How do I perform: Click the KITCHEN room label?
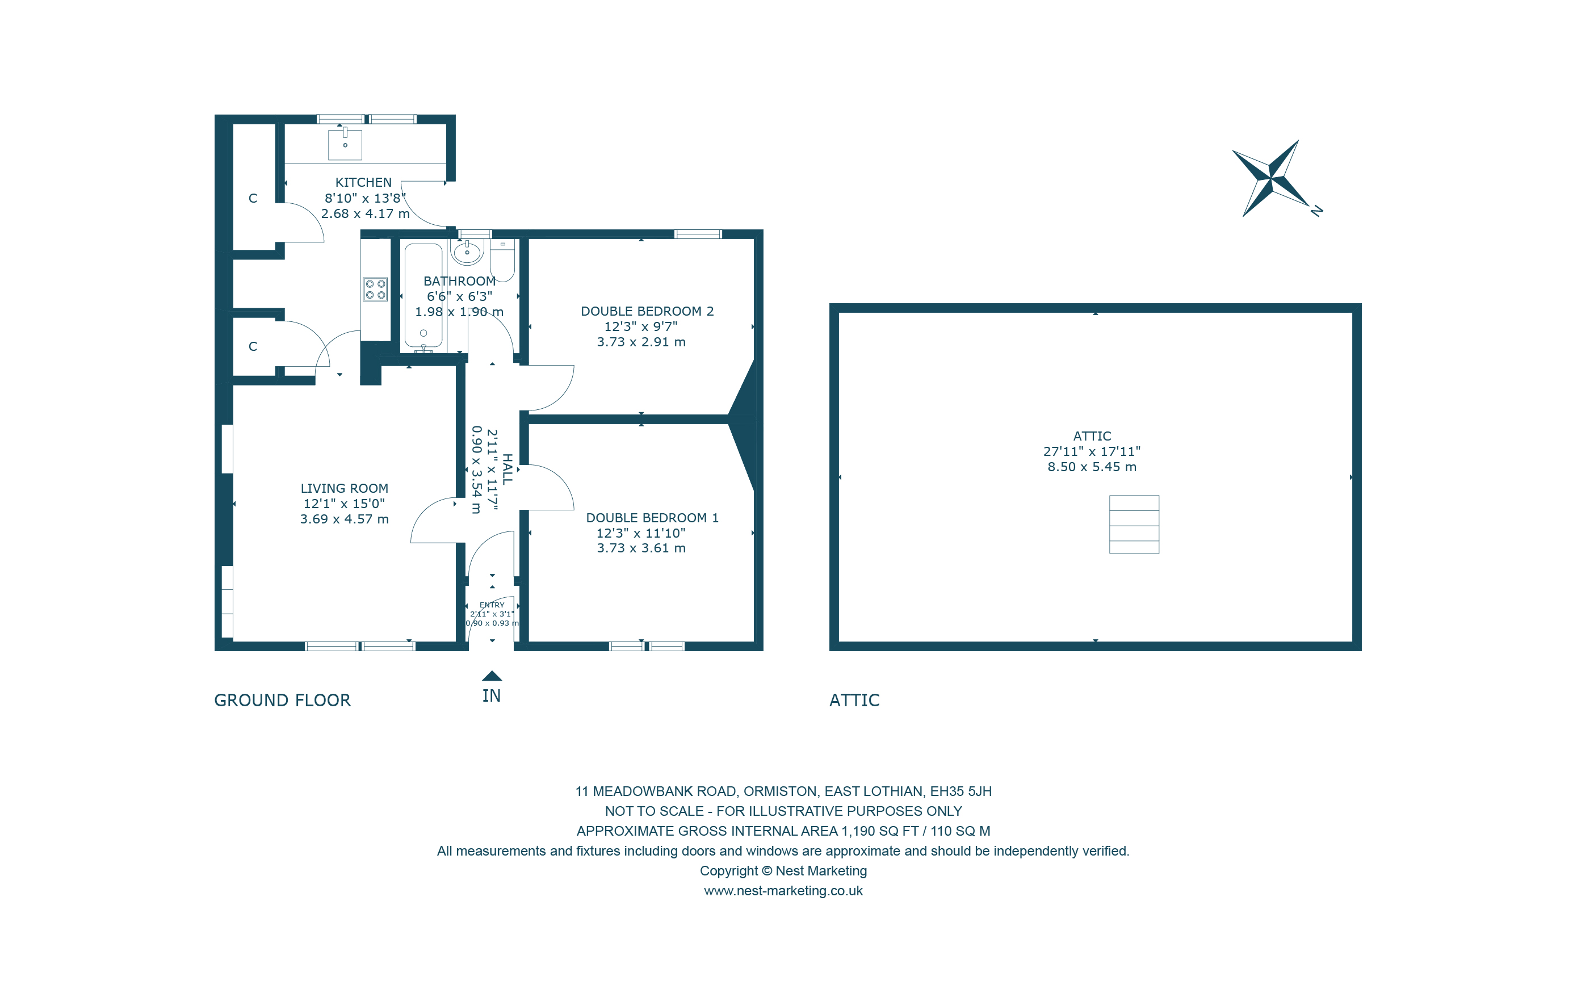click(363, 182)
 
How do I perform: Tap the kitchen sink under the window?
click(345, 145)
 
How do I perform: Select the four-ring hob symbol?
click(375, 289)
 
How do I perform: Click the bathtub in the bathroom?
click(423, 296)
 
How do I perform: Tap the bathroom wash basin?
click(467, 252)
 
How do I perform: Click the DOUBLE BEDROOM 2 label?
click(647, 311)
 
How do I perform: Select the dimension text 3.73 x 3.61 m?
click(641, 548)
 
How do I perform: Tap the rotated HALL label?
click(508, 469)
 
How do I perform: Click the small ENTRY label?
click(492, 605)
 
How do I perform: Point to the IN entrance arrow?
click(492, 677)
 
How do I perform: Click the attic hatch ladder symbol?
click(1134, 525)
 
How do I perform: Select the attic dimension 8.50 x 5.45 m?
click(1092, 467)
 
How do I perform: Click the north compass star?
click(1270, 178)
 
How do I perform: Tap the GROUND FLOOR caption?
click(282, 701)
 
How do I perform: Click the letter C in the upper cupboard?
click(253, 199)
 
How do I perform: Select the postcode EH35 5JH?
click(961, 791)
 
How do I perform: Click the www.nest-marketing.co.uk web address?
click(783, 891)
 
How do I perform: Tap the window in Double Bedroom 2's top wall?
click(698, 234)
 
